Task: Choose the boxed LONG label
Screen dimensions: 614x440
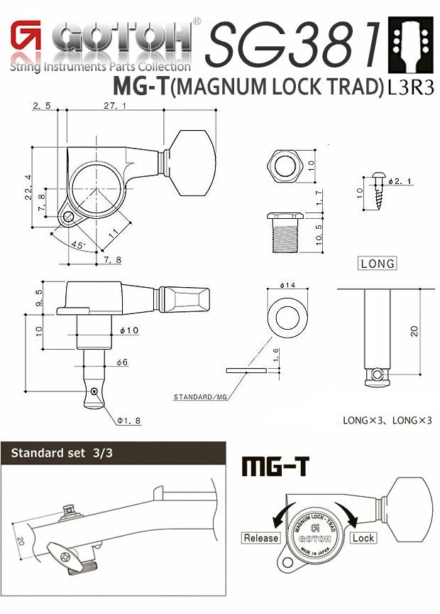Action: tap(377, 263)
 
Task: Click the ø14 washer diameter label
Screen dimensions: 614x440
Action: tap(287, 286)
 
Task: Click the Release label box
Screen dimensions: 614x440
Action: tap(261, 538)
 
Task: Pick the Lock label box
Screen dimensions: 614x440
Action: tap(362, 538)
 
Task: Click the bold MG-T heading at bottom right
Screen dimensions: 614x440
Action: tap(276, 466)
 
